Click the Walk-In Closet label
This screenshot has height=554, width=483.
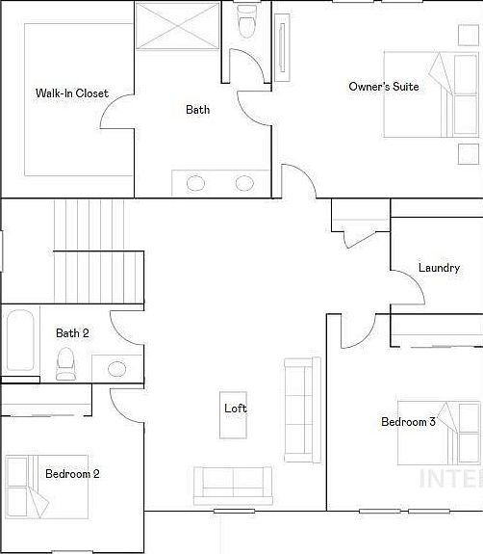pyautogui.click(x=71, y=93)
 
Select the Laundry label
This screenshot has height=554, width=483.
pyautogui.click(x=439, y=268)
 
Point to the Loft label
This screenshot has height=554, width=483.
pyautogui.click(x=236, y=409)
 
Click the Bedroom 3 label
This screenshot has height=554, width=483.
pyautogui.click(x=408, y=422)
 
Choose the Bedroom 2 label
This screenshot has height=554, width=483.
pyautogui.click(x=72, y=473)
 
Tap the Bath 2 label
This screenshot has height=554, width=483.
pyautogui.click(x=72, y=333)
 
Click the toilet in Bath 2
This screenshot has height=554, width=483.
pyautogui.click(x=65, y=362)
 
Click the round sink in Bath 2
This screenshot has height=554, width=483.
pyautogui.click(x=117, y=368)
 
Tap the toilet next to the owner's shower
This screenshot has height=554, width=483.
pyautogui.click(x=247, y=21)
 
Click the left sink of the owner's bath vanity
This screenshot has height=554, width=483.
pyautogui.click(x=196, y=183)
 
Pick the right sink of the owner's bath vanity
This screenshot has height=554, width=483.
pyautogui.click(x=244, y=183)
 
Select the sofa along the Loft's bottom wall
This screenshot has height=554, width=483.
pyautogui.click(x=232, y=485)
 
